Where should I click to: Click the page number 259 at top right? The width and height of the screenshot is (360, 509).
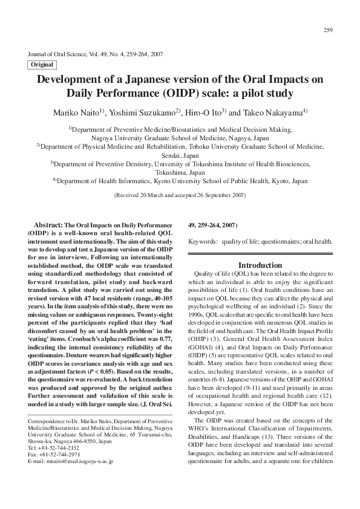[328, 30]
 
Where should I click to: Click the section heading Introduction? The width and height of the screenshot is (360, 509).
[260, 265]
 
